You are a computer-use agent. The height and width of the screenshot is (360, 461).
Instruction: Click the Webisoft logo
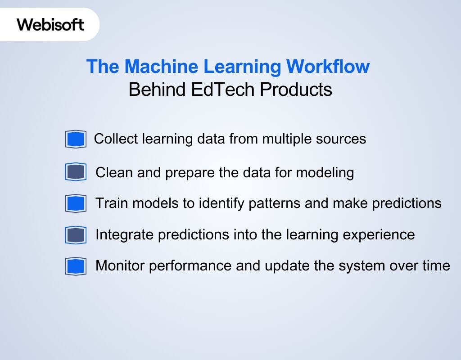click(x=50, y=24)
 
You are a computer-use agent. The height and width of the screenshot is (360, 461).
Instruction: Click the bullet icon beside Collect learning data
click(x=75, y=139)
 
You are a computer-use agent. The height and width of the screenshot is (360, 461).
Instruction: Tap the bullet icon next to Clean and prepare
click(x=75, y=172)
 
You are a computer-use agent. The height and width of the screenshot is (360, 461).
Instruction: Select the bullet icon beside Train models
click(x=75, y=203)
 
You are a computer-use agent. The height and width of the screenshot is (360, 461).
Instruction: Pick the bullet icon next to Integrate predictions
click(x=75, y=235)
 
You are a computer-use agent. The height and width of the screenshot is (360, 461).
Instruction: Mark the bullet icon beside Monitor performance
click(x=75, y=266)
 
